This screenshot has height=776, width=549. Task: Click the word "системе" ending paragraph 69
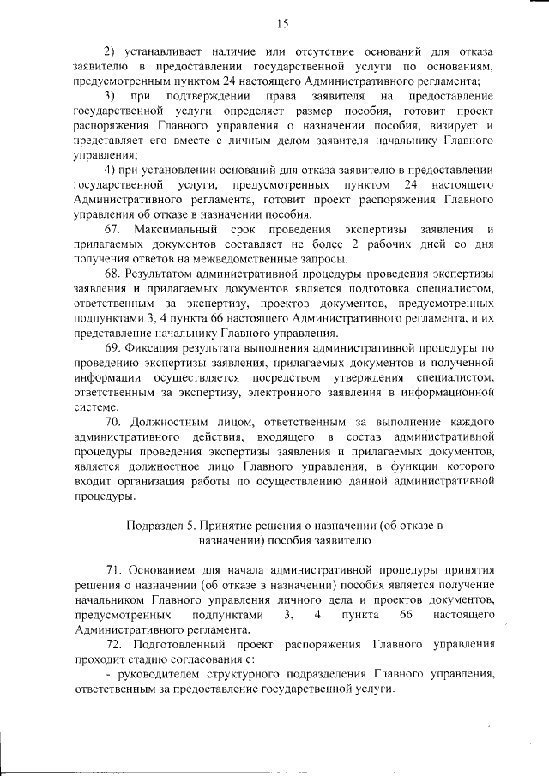(x=94, y=407)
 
